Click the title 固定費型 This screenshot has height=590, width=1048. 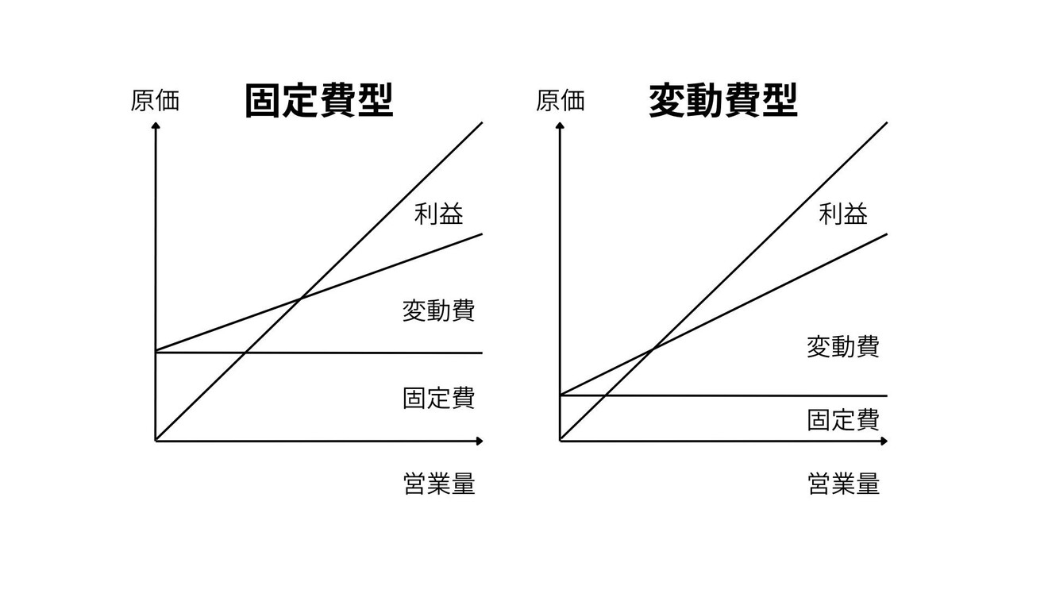coord(318,101)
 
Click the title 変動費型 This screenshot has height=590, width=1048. coord(723,101)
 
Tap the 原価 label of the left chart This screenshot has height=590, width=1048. coord(155,101)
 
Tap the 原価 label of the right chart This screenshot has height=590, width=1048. coord(560,101)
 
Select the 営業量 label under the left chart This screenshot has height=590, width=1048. coord(439,484)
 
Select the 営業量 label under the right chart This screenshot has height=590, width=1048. coord(843,484)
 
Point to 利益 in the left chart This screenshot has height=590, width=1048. coord(438,214)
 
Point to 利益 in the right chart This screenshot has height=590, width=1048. coord(843,214)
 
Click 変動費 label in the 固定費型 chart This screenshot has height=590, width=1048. coord(438,310)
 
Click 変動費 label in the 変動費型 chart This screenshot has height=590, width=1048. coord(843,347)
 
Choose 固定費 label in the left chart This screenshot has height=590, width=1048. coord(438,398)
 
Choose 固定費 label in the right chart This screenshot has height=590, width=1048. coord(843,420)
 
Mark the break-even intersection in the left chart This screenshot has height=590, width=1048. coord(300,299)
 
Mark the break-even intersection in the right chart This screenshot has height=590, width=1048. coord(653,349)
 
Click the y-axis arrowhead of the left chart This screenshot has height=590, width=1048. coord(156,125)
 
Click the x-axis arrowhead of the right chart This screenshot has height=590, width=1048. coord(884,440)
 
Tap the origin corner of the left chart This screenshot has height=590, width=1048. coord(156,440)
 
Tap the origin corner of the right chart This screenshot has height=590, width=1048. coord(561,440)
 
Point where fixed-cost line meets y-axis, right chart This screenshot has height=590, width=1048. coord(561,395)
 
